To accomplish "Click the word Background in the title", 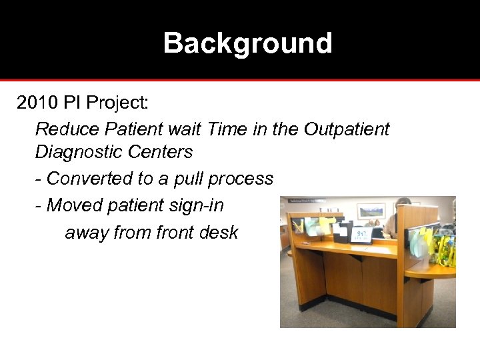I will point(247,43).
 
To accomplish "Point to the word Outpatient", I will point(346,129).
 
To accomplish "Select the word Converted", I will point(89,179).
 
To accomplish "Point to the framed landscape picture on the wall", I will point(371,211).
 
